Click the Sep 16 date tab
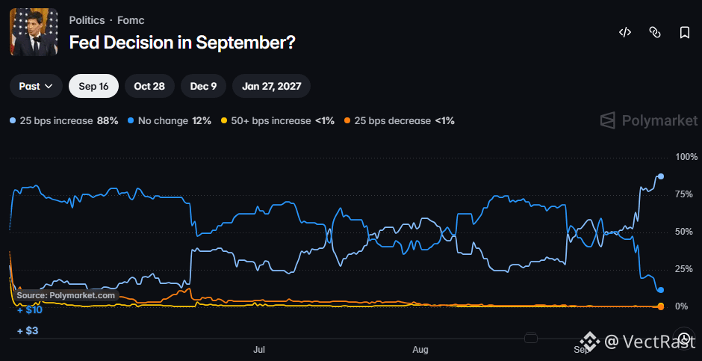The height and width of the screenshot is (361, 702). tap(93, 86)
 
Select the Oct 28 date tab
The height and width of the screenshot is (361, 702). tap(149, 86)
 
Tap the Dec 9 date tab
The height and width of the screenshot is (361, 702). tap(203, 86)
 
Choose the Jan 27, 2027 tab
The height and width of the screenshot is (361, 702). tap(271, 86)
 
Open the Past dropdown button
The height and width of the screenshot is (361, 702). tap(37, 86)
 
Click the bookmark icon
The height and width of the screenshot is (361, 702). tap(685, 32)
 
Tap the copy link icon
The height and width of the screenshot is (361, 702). tap(655, 32)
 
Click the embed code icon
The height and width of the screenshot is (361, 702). tap(625, 32)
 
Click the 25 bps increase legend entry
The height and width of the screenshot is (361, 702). tap(63, 120)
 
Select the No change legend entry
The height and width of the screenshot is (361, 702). tap(170, 120)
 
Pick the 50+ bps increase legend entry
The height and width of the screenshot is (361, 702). tap(278, 120)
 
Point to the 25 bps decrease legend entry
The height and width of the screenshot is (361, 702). tap(399, 120)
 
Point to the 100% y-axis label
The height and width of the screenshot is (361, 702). tap(687, 157)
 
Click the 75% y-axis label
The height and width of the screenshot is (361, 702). tap(685, 194)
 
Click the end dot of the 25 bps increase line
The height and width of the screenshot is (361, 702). tap(660, 176)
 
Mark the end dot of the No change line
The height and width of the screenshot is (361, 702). tap(660, 290)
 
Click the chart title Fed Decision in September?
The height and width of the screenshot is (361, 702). tap(182, 43)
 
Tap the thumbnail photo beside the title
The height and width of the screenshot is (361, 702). tap(34, 32)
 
